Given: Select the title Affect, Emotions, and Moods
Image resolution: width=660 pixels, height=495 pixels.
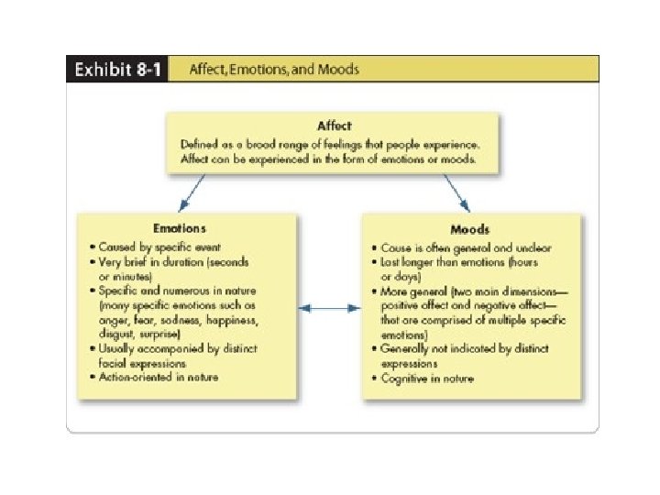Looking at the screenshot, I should point(273,70).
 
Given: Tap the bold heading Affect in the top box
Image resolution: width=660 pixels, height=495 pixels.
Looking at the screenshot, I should point(333,126).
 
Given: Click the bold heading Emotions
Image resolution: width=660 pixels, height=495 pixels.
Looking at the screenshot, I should point(181,227).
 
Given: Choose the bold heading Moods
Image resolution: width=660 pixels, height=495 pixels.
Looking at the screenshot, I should point(469,227).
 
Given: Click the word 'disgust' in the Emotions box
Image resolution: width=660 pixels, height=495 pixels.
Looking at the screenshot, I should point(115,334).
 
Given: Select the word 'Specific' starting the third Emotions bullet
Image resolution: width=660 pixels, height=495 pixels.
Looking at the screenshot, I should point(120,291).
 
